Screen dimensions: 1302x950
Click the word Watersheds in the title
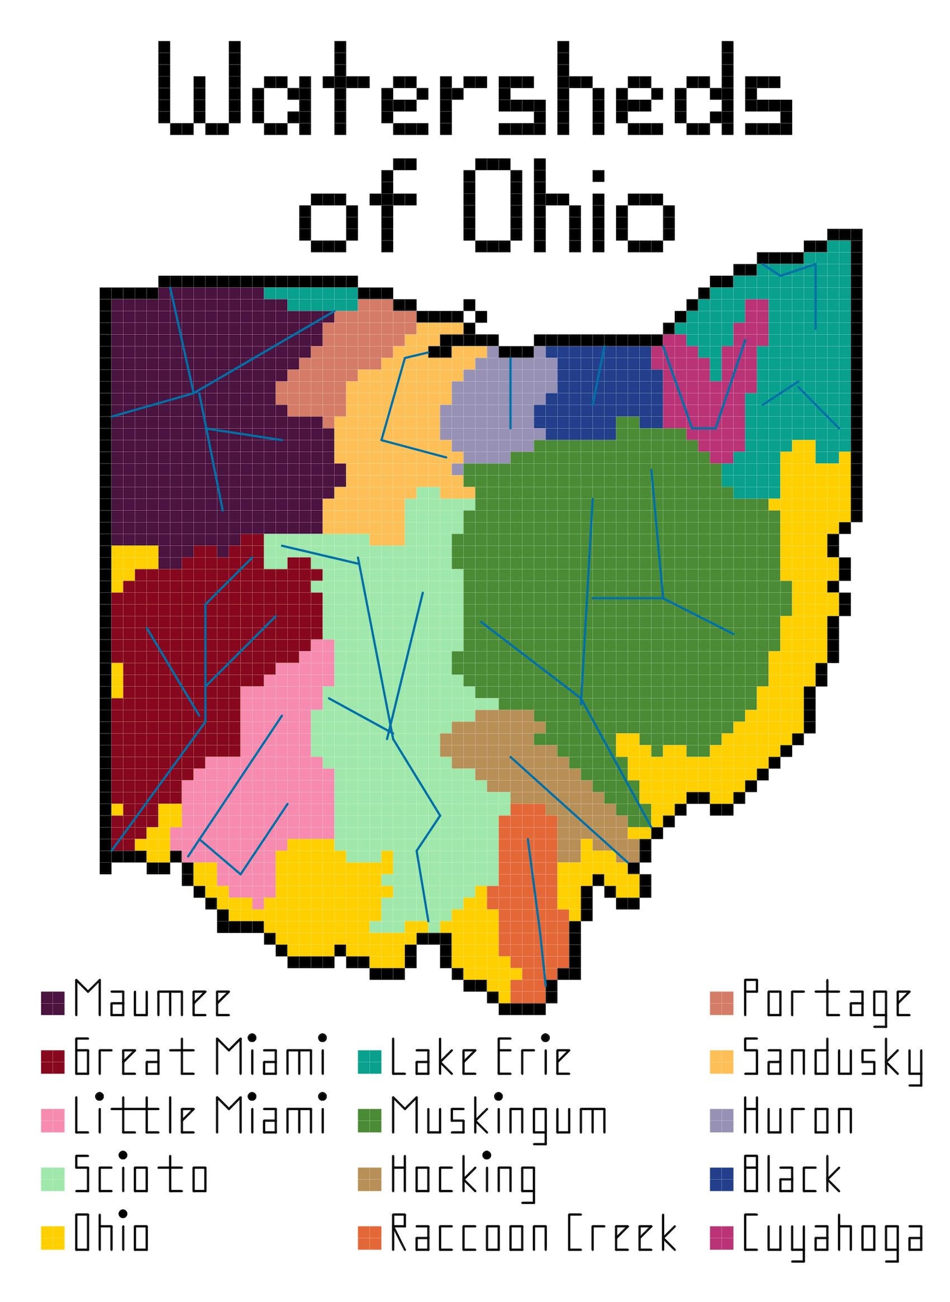tap(476, 88)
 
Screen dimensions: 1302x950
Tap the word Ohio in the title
tap(568, 206)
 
